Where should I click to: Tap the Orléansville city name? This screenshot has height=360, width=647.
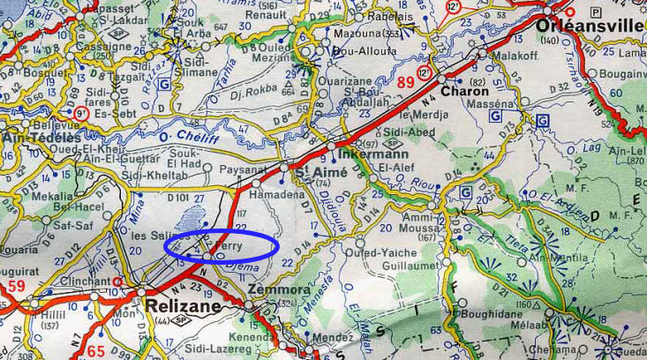coord(590,26)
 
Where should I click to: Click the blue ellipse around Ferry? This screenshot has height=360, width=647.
coord(222,245)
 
